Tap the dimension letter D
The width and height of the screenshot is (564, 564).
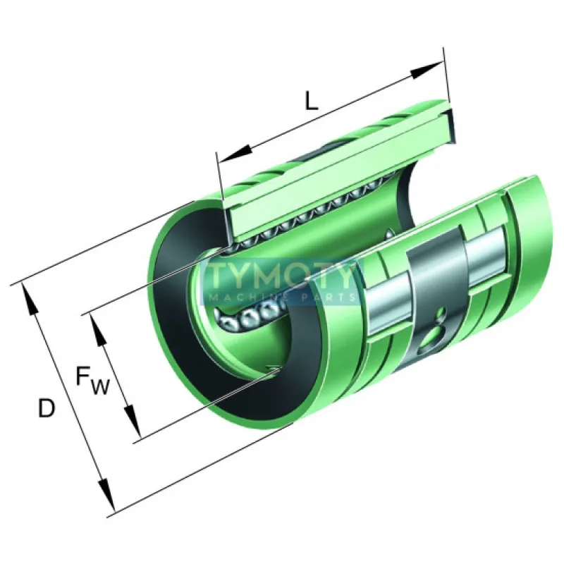coord(47,408)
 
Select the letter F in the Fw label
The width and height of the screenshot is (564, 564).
coord(82,375)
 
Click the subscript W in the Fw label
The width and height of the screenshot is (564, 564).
coord(99,387)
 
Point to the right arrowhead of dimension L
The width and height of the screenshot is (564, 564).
coord(427,69)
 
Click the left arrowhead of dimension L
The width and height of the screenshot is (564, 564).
coord(235,153)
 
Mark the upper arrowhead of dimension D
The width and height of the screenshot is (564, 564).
coord(30,299)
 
